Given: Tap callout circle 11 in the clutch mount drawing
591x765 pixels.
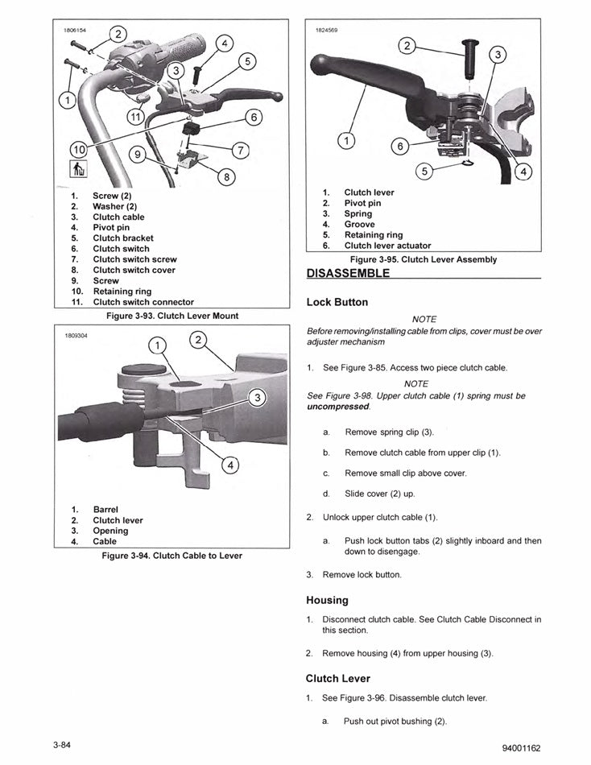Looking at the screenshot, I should [138, 116].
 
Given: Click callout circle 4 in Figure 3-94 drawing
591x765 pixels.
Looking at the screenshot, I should [228, 465].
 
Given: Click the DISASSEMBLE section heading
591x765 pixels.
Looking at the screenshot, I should [348, 273].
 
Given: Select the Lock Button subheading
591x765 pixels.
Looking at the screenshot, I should [337, 303].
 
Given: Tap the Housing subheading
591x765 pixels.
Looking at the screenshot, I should [326, 600].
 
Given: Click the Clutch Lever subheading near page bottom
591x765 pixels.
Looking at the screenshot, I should [337, 678].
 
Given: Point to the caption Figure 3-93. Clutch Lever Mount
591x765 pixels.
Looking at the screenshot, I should [172, 316].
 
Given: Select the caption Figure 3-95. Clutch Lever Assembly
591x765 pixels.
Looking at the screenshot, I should [423, 259].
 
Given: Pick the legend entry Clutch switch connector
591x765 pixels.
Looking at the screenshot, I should [143, 302].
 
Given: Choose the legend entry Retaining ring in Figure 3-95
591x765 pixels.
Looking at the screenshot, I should [373, 235].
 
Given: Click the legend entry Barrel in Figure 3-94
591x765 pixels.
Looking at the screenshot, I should [105, 510].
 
